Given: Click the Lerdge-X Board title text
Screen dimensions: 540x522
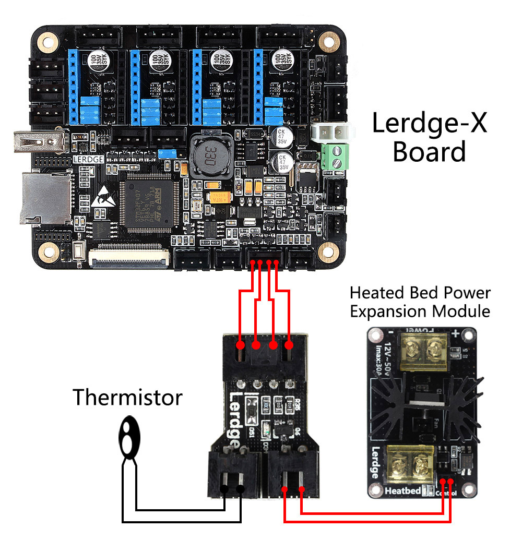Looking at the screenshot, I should tap(429, 138).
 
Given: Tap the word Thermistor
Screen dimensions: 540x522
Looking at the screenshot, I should tap(127, 397).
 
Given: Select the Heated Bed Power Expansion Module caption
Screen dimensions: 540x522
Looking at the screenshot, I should tap(420, 302).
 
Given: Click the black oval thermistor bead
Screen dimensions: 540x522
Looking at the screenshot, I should tap(128, 437).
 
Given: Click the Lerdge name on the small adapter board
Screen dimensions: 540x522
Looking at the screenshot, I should tap(235, 417).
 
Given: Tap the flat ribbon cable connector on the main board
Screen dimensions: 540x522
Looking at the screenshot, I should tap(129, 255).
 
